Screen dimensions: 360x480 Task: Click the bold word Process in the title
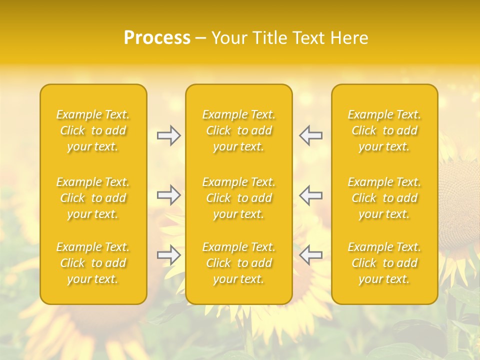[x=157, y=38]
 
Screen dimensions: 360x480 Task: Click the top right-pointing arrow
[x=168, y=135]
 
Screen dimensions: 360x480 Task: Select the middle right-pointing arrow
[x=168, y=195]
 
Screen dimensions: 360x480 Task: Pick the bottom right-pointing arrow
[x=168, y=255]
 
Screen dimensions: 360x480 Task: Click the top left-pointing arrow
[x=311, y=135]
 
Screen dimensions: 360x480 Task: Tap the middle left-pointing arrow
[x=311, y=195]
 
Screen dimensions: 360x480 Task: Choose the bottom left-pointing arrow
[x=311, y=255]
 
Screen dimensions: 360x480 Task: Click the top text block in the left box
[x=93, y=130]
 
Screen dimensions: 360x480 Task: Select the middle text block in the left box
[x=93, y=198]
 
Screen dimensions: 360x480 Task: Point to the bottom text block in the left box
[x=93, y=263]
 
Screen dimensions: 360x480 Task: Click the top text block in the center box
[x=239, y=130]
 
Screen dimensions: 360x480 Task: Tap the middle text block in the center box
[x=239, y=198]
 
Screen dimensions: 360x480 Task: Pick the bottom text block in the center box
[x=239, y=263]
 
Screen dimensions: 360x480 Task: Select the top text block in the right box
[x=384, y=130]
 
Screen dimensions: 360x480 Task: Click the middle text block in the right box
[x=384, y=198]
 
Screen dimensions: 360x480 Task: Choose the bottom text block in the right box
[x=384, y=263]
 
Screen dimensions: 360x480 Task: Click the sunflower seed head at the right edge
[x=460, y=205]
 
